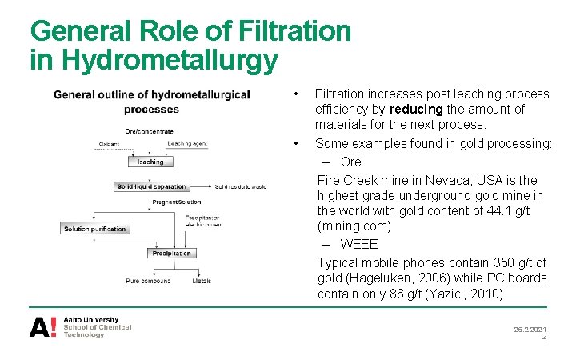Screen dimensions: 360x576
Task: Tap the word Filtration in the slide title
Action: tap(295, 30)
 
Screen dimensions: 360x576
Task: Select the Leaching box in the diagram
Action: tap(150, 162)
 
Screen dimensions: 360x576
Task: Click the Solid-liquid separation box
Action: tap(151, 186)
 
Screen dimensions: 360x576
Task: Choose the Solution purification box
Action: tap(94, 229)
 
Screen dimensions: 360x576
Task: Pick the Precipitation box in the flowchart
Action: tap(171, 254)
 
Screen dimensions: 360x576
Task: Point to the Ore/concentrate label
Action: tap(150, 131)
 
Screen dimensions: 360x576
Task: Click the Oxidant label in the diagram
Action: tap(110, 144)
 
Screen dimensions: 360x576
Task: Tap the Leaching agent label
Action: tap(187, 144)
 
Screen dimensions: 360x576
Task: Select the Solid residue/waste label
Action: tap(240, 186)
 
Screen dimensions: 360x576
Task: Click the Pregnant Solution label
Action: tap(177, 202)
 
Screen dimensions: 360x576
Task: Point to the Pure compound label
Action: tap(148, 281)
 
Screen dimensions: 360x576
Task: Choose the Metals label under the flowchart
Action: tap(202, 281)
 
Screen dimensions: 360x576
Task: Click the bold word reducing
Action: tap(416, 109)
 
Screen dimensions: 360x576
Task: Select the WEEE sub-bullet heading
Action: tap(358, 244)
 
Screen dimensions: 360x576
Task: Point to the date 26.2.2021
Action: tap(530, 329)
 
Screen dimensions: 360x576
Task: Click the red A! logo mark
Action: tap(43, 326)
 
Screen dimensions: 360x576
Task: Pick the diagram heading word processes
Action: tap(152, 110)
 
